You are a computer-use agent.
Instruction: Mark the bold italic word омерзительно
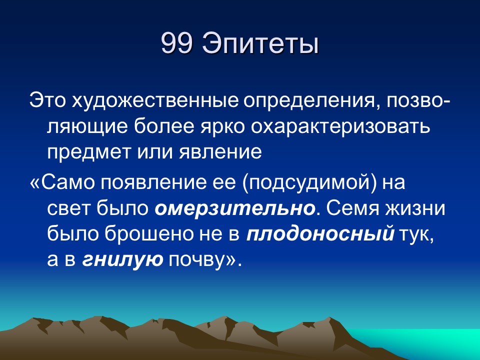[234, 208]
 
